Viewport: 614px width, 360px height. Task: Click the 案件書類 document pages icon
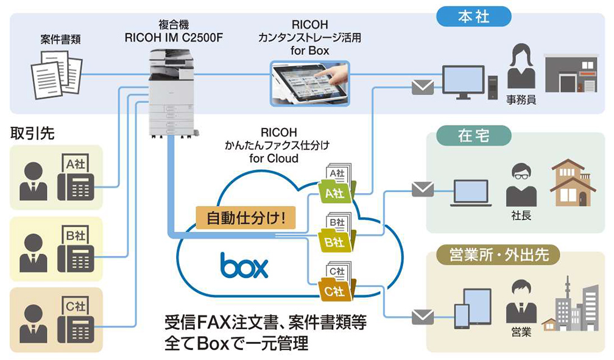pyautogui.click(x=56, y=74)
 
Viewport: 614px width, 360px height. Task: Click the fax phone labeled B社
pyautogui.click(x=75, y=249)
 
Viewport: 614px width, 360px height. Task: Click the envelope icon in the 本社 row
pyautogui.click(x=423, y=87)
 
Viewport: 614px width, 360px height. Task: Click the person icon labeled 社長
pyautogui.click(x=521, y=186)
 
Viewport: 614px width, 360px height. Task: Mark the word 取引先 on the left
pyautogui.click(x=32, y=133)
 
